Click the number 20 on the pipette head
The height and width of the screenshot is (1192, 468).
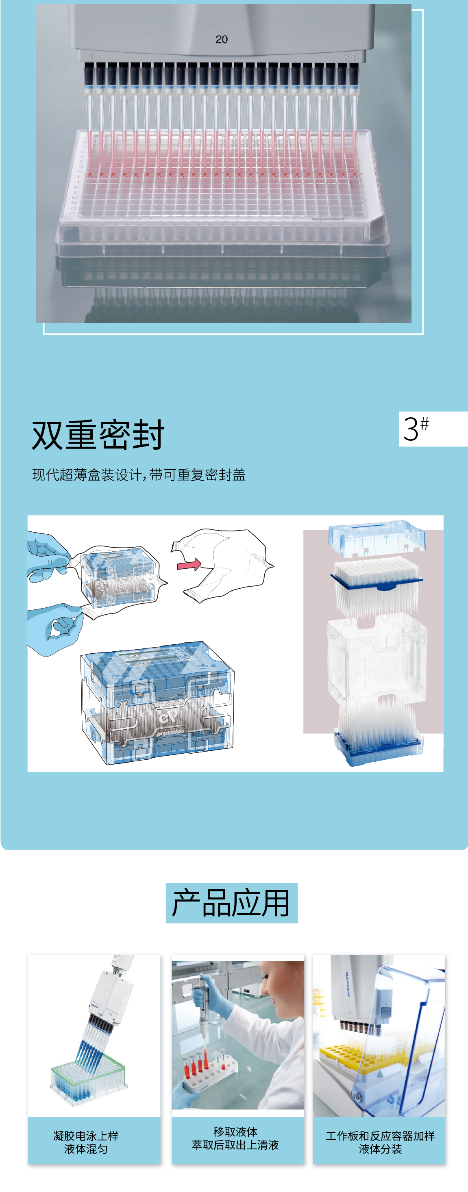(x=221, y=39)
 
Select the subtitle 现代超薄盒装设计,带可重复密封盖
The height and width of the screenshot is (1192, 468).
(x=139, y=475)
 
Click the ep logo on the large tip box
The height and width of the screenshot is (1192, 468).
(x=168, y=717)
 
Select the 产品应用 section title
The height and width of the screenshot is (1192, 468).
(x=231, y=903)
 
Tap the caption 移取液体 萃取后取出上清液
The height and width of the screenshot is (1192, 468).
(x=235, y=1138)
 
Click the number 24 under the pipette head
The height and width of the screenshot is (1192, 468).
(x=350, y=57)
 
